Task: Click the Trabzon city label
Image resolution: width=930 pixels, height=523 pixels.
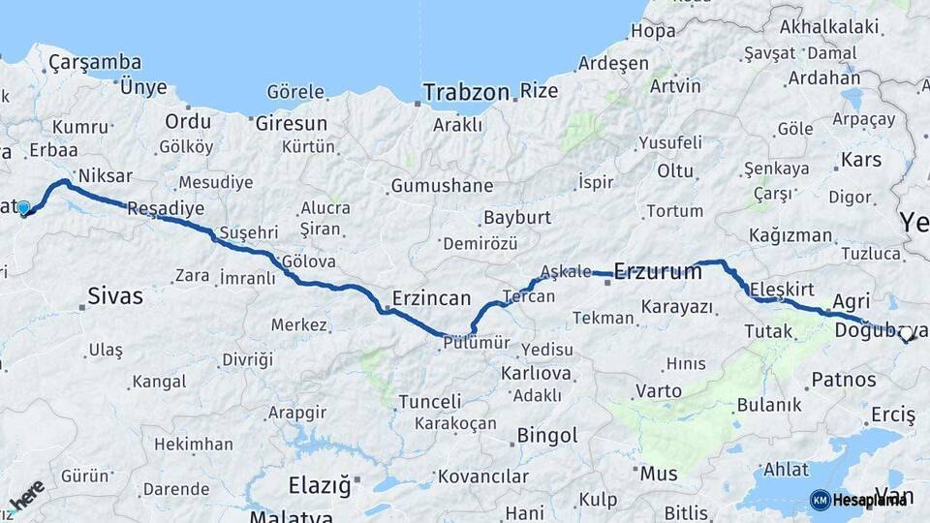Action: click(x=466, y=93)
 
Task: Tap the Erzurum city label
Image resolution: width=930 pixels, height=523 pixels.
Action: click(x=658, y=271)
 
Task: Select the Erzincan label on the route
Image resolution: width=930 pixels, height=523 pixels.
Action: click(x=431, y=298)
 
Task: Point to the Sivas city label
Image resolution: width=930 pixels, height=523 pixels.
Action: click(x=114, y=295)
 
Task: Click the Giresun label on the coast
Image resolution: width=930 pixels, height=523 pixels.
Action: click(x=291, y=123)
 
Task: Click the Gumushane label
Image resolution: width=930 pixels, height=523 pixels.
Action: click(x=442, y=186)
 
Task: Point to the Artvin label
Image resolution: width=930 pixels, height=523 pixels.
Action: click(x=675, y=86)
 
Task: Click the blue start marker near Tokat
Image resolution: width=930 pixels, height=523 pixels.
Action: click(x=23, y=207)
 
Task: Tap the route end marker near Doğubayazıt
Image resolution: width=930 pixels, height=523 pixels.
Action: click(x=908, y=338)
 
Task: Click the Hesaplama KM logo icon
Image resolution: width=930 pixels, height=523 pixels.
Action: click(x=820, y=500)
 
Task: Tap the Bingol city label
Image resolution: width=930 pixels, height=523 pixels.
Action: click(x=547, y=435)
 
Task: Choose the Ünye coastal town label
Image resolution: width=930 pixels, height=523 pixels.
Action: click(x=143, y=86)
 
